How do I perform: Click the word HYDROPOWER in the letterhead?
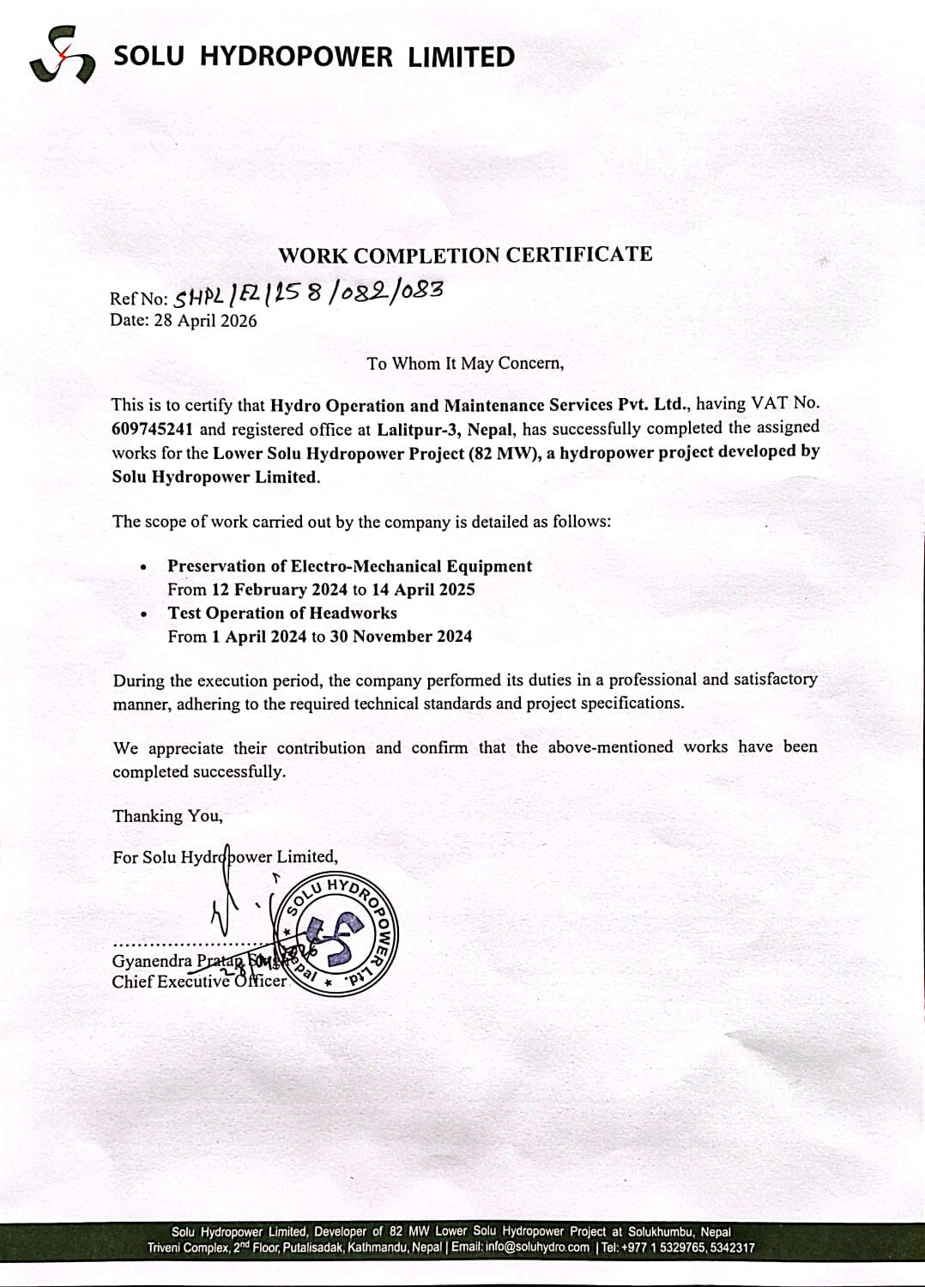click(296, 57)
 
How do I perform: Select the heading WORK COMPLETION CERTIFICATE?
click(464, 255)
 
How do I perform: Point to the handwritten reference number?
click(309, 294)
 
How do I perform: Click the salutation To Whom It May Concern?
click(465, 364)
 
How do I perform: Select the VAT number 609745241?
click(152, 429)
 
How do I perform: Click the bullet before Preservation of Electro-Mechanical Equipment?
click(143, 567)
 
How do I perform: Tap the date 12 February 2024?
click(279, 589)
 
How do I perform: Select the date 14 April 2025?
click(423, 589)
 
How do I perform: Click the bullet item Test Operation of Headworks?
click(282, 613)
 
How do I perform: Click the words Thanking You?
click(167, 816)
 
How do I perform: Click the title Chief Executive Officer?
click(198, 982)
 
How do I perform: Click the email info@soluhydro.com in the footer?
click(537, 1248)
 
